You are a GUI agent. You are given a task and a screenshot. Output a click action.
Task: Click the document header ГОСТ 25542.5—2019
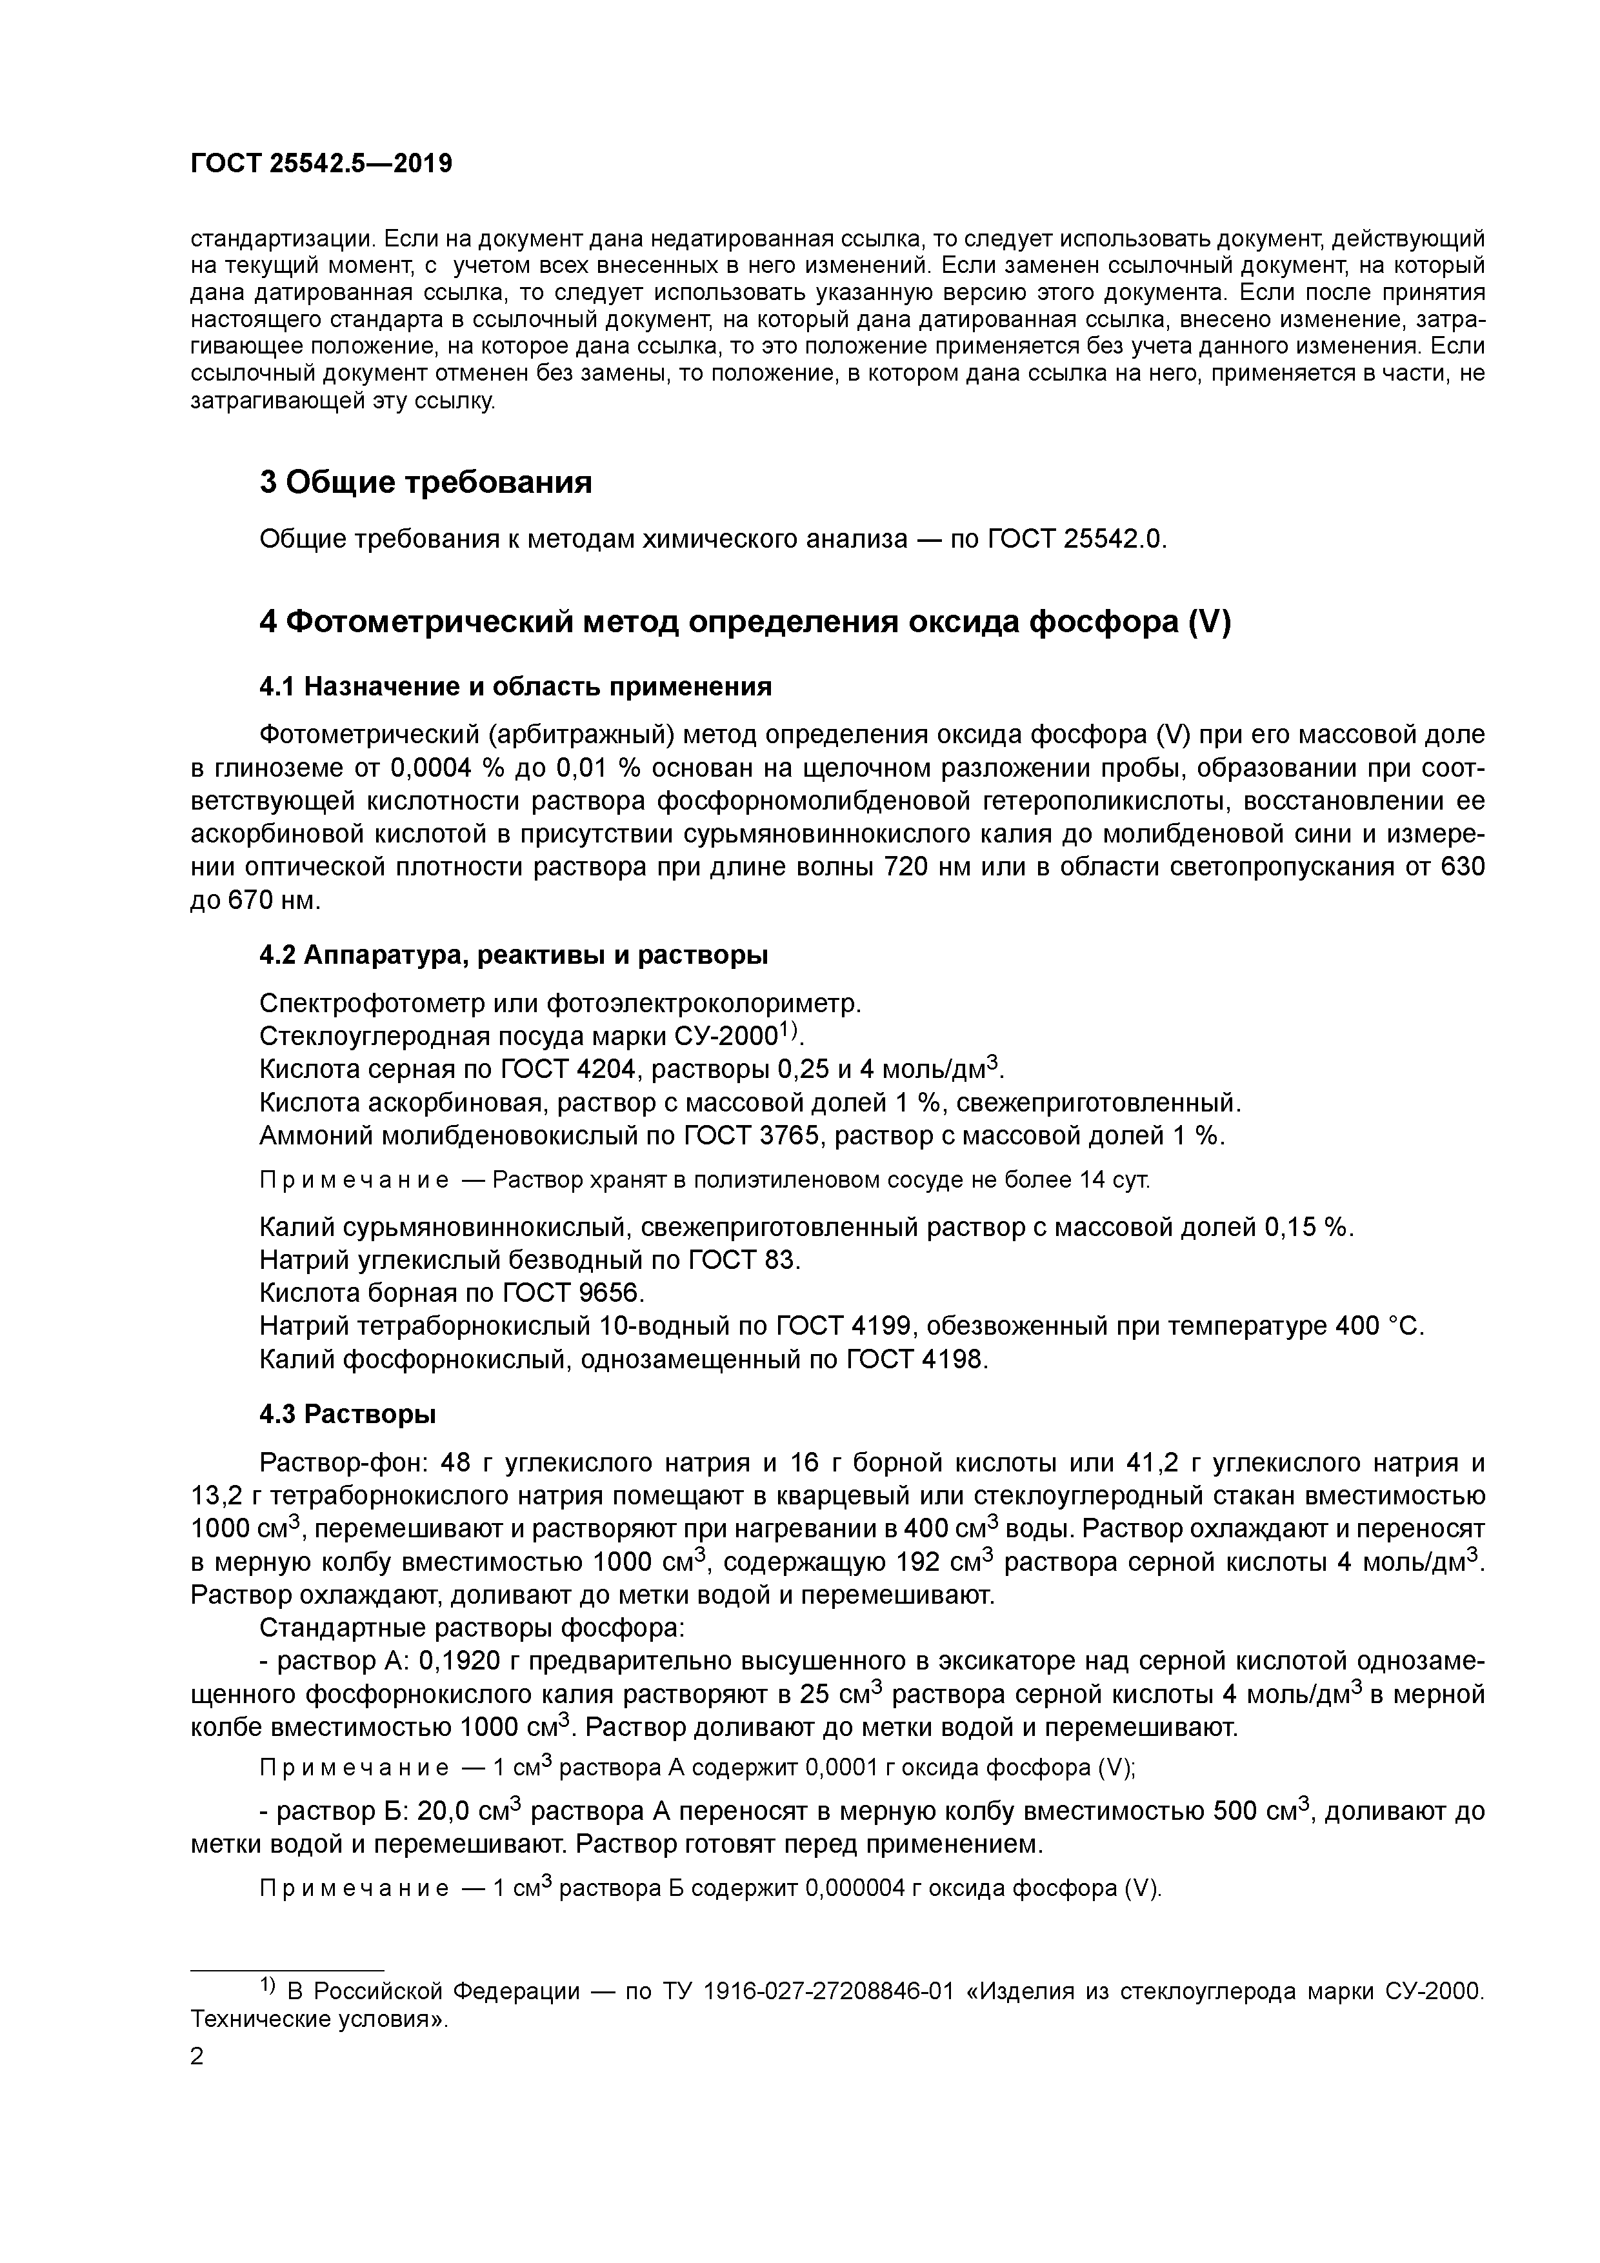pyautogui.click(x=321, y=164)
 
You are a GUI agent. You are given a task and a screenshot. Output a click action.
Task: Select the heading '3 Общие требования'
pyautogui.click(x=425, y=483)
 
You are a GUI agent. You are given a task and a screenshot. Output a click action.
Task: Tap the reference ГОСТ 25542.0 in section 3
pyautogui.click(x=1075, y=540)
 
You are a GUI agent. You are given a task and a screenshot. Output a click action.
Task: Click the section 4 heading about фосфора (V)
pyautogui.click(x=745, y=623)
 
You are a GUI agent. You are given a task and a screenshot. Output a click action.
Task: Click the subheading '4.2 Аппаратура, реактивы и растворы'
pyautogui.click(x=514, y=955)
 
